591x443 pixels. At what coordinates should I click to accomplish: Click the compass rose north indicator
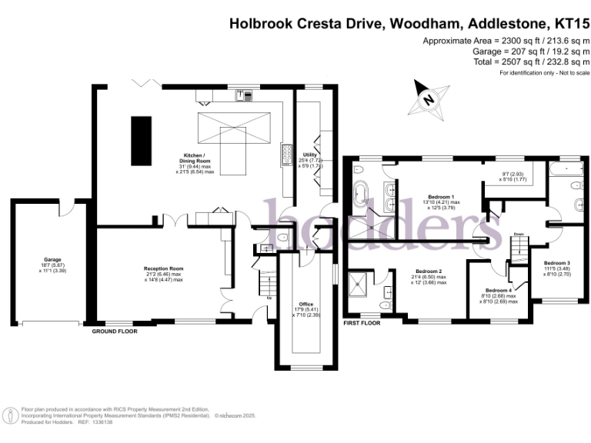(x=427, y=98)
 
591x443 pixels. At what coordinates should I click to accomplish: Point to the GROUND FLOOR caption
(x=114, y=331)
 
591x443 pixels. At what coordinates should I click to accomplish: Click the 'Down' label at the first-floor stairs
(x=519, y=235)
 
